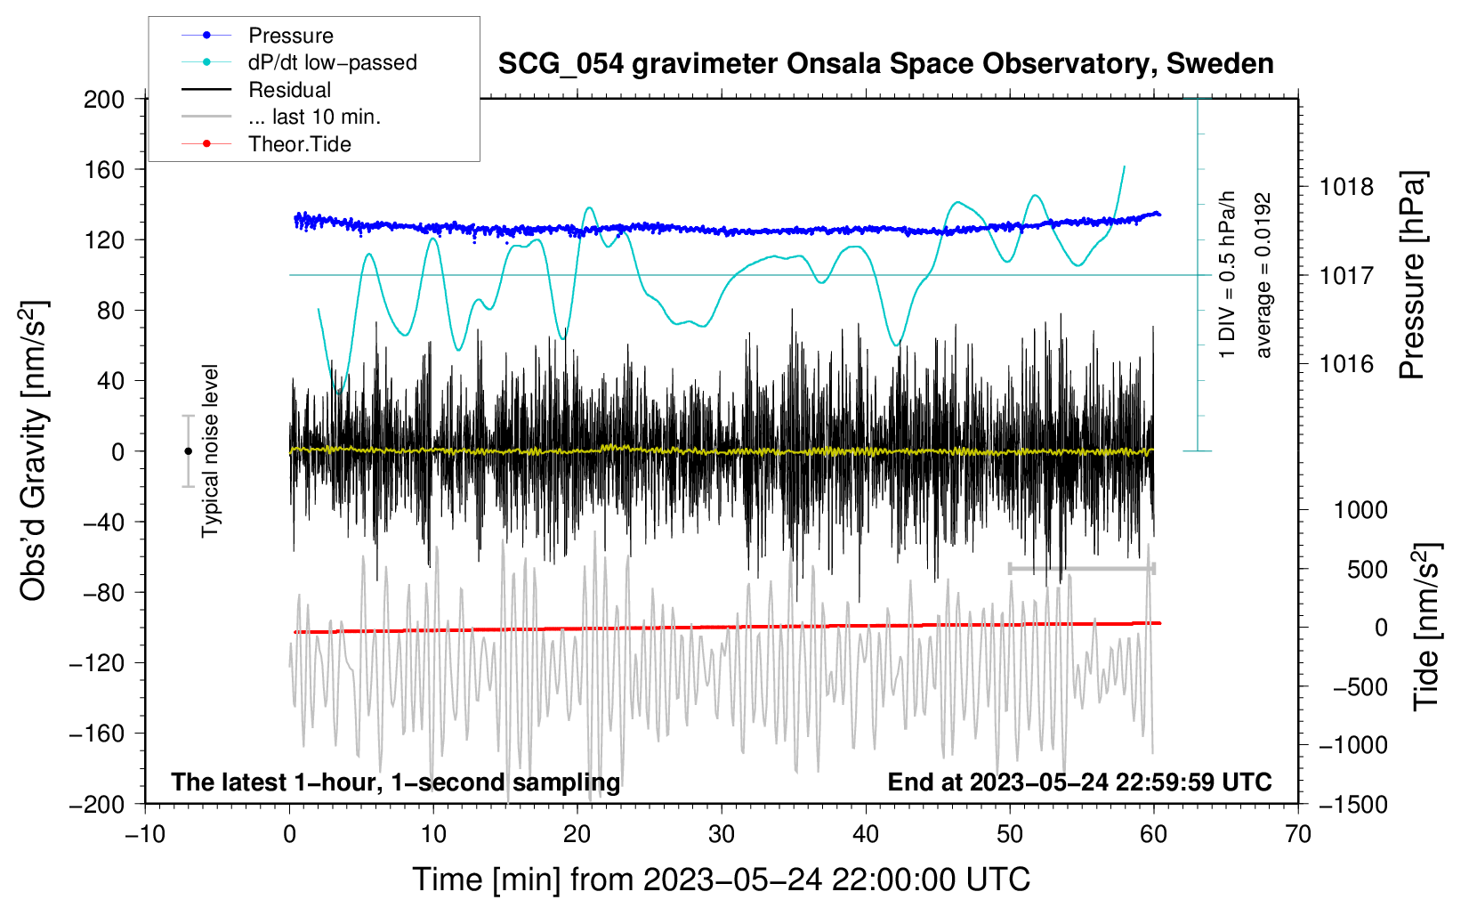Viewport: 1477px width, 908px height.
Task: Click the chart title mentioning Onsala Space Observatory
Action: pyautogui.click(x=885, y=64)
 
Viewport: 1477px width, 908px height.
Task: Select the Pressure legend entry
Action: pyautogui.click(x=290, y=36)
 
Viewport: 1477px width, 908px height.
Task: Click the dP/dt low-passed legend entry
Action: pyautogui.click(x=332, y=62)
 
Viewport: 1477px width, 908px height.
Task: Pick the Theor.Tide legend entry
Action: pyautogui.click(x=299, y=144)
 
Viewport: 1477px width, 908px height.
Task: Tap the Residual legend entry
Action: pyautogui.click(x=289, y=90)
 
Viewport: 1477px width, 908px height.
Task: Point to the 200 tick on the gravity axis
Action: pyautogui.click(x=104, y=99)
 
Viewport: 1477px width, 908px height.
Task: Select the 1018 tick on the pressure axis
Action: pyautogui.click(x=1346, y=187)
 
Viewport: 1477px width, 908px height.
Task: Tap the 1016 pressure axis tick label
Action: pyautogui.click(x=1346, y=363)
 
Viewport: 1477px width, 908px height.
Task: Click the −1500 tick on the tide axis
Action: pyautogui.click(x=1352, y=804)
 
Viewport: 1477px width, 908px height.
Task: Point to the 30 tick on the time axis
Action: pyautogui.click(x=722, y=834)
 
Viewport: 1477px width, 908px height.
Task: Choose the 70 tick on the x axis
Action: pyautogui.click(x=1298, y=834)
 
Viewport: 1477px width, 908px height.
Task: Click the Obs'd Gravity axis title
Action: pyautogui.click(x=34, y=450)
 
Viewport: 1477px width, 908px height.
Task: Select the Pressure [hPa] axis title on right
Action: pyautogui.click(x=1412, y=275)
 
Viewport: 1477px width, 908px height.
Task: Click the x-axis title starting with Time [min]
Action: pyautogui.click(x=721, y=880)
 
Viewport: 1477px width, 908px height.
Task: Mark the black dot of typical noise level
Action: pyautogui.click(x=188, y=451)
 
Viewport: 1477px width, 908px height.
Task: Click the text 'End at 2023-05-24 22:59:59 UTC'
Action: pyautogui.click(x=1079, y=782)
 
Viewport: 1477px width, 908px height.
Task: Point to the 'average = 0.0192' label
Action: pyautogui.click(x=1263, y=275)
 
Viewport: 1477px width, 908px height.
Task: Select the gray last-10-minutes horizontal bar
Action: pyautogui.click(x=1081, y=568)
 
